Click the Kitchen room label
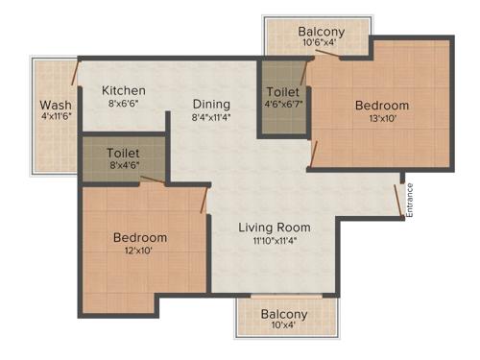[x=125, y=90]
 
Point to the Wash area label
[x=55, y=105]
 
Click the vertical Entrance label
[x=409, y=201]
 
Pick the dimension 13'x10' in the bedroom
[x=381, y=120]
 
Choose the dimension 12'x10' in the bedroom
[x=139, y=252]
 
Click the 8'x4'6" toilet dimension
[x=125, y=166]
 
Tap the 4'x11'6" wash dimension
[x=55, y=118]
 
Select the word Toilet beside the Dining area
[x=284, y=93]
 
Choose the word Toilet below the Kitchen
[x=125, y=153]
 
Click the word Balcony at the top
[x=321, y=31]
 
